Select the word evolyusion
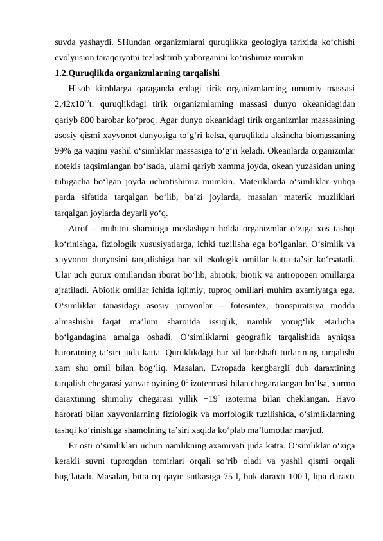point(74,58)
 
